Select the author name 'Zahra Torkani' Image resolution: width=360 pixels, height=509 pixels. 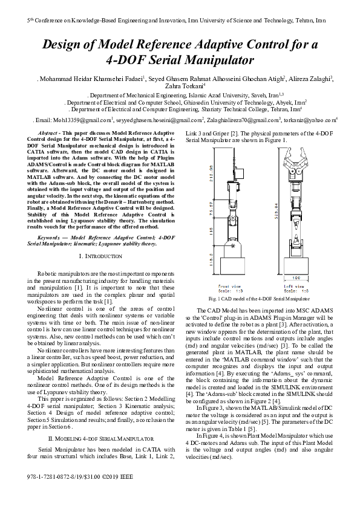coord(181,86)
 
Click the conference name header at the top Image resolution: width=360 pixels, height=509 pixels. coord(180,20)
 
